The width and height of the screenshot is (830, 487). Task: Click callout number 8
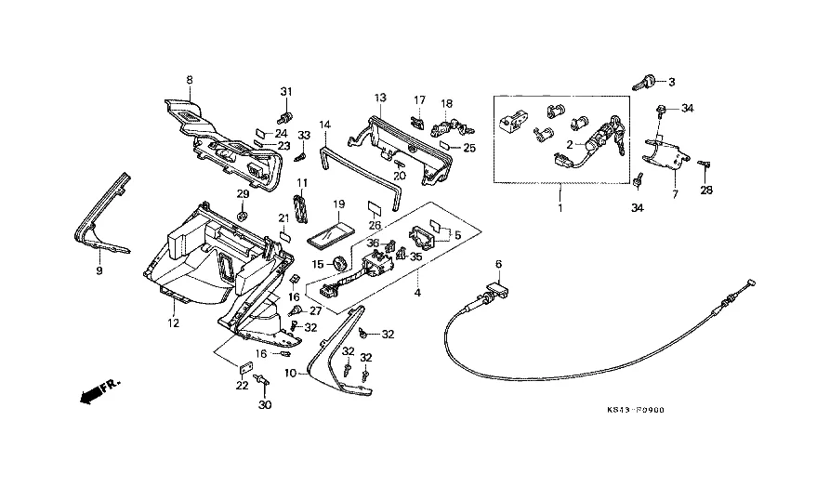[x=190, y=79]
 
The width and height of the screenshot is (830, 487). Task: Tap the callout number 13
[x=380, y=97]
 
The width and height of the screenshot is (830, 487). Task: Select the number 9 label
[x=99, y=271]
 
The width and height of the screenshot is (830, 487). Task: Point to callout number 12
[x=172, y=323]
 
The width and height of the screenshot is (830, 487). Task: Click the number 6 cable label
[x=498, y=264]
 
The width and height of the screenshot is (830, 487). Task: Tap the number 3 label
[x=672, y=81]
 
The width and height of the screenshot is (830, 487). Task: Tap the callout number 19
[x=338, y=204]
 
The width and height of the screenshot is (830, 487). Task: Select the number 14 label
[x=324, y=124]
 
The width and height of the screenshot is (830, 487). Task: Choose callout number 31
[x=286, y=90]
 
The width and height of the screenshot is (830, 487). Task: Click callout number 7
[x=676, y=194]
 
